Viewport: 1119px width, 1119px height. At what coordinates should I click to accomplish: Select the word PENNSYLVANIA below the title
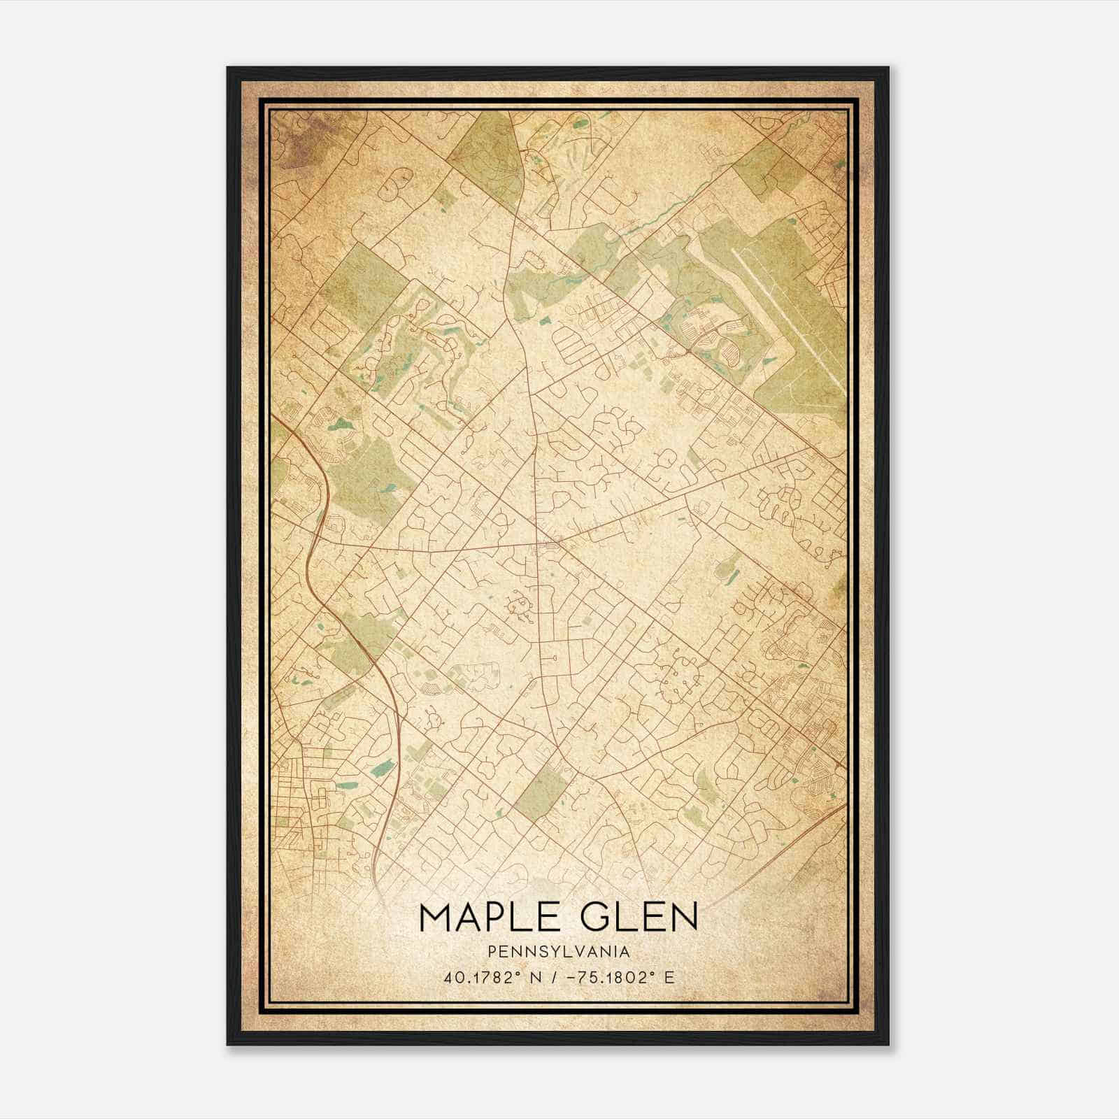coord(559,952)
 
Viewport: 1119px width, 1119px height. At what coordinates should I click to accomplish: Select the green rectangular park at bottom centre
coord(543,789)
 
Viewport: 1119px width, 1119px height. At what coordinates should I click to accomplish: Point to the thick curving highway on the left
coord(316,532)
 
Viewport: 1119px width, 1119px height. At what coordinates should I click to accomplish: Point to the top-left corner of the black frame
coord(228,69)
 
